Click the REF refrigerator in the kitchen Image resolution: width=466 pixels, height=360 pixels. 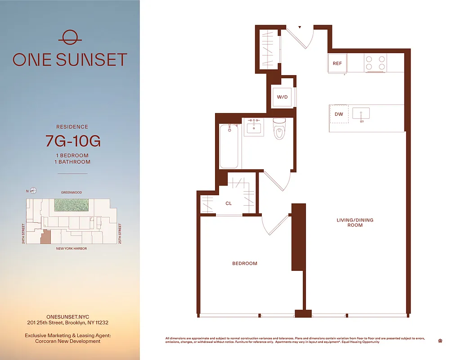[337, 63]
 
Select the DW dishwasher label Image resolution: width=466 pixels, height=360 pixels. [339, 114]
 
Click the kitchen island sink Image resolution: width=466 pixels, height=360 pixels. [361, 114]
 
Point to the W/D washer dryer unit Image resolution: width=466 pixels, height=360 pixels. [282, 97]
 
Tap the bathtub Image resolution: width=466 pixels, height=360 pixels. [229, 146]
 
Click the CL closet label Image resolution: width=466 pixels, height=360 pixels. [229, 203]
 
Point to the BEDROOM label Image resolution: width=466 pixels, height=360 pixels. [245, 263]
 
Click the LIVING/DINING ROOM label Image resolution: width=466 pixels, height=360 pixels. [355, 222]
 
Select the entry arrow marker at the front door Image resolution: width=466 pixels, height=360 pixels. [300, 27]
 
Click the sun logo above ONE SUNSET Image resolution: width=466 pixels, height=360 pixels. [70, 36]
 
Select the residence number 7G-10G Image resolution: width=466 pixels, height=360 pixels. [73, 141]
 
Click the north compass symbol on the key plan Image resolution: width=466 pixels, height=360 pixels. [33, 190]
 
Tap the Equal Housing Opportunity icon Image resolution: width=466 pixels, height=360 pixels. [439, 341]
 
